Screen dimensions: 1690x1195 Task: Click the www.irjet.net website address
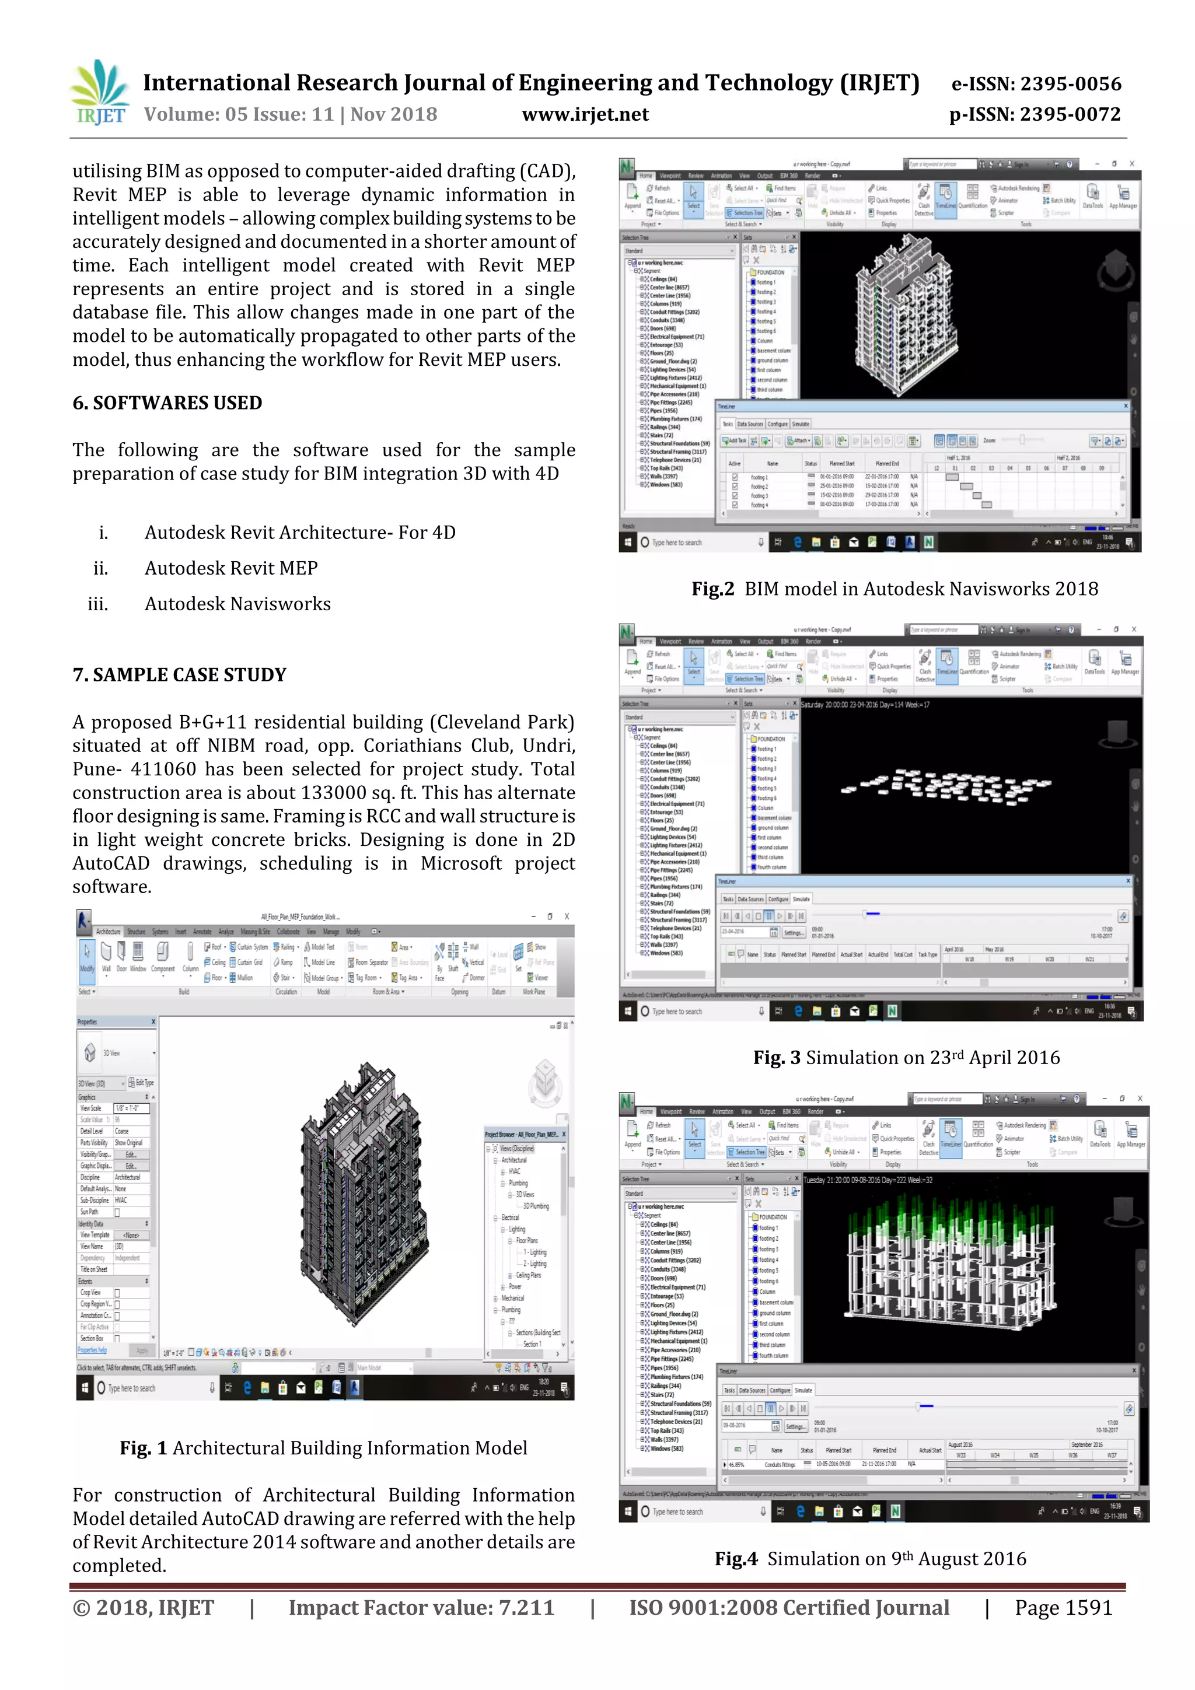(585, 115)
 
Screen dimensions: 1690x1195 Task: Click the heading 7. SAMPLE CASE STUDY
(179, 675)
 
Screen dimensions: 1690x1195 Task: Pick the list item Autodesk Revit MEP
(231, 568)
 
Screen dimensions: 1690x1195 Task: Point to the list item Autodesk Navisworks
(237, 604)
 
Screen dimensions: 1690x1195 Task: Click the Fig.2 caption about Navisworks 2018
(894, 589)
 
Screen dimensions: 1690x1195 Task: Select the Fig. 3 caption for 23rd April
(906, 1058)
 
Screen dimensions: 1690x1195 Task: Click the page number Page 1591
(1063, 1608)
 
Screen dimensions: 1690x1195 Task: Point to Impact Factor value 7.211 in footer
(421, 1608)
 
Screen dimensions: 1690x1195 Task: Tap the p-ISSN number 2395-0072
(1035, 115)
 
